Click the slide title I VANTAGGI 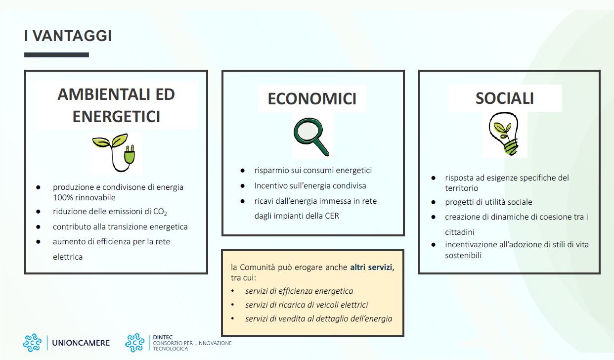click(x=68, y=36)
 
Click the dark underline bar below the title click(x=56, y=55)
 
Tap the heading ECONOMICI click(x=312, y=99)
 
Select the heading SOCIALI click(x=505, y=98)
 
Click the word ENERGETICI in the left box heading click(x=116, y=117)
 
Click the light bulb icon click(x=504, y=135)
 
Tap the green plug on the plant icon click(x=130, y=154)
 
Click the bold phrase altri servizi click(x=371, y=267)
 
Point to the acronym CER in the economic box click(x=332, y=216)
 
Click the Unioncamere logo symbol click(x=32, y=343)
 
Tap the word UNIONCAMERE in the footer click(x=81, y=343)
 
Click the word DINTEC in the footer click(x=163, y=337)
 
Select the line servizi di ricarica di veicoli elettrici click(x=307, y=305)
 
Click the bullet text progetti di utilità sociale click(x=488, y=202)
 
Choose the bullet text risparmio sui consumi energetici click(x=313, y=170)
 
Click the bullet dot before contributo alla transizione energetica click(x=39, y=227)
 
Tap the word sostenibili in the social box click(x=463, y=256)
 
